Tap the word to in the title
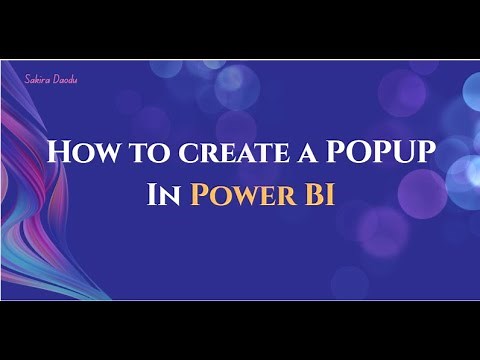point(139,152)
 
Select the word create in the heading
point(213,152)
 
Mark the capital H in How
point(57,152)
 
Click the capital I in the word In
point(151,193)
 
